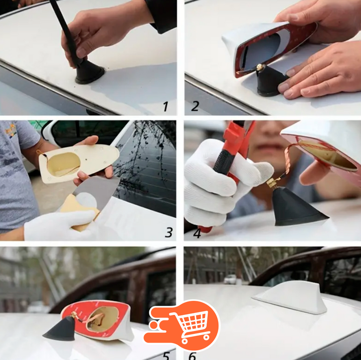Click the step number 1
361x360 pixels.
click(x=165, y=107)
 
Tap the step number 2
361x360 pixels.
click(x=195, y=106)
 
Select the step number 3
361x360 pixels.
click(x=169, y=232)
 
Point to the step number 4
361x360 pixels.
click(x=197, y=232)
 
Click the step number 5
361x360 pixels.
click(x=166, y=355)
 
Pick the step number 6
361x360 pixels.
click(x=192, y=355)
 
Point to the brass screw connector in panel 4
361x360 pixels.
click(x=272, y=183)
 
